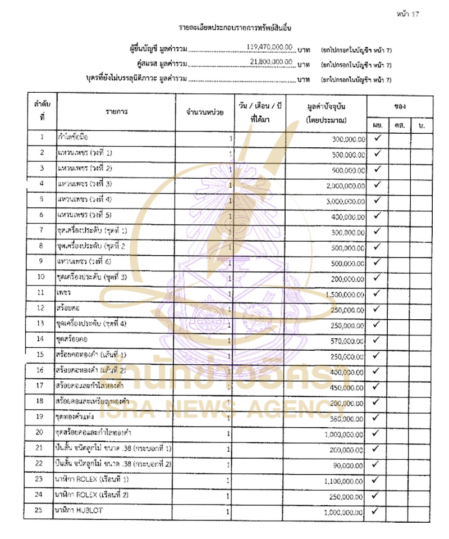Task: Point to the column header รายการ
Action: (116, 112)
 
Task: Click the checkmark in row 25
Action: (377, 511)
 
